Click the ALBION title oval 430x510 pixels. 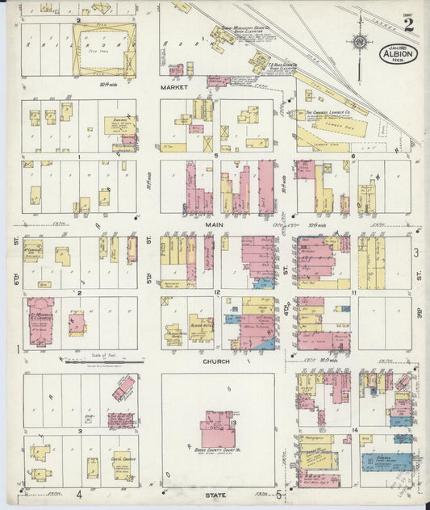(x=398, y=54)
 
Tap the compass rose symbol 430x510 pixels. (x=361, y=42)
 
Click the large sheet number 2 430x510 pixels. (x=409, y=23)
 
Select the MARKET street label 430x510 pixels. (x=173, y=86)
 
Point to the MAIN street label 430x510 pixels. (x=213, y=225)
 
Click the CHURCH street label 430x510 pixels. (x=216, y=362)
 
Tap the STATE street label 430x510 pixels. (x=215, y=494)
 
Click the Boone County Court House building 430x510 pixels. (x=217, y=428)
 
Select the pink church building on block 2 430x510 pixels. (x=40, y=322)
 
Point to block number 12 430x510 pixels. (x=217, y=291)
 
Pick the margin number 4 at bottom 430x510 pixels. (x=79, y=494)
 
